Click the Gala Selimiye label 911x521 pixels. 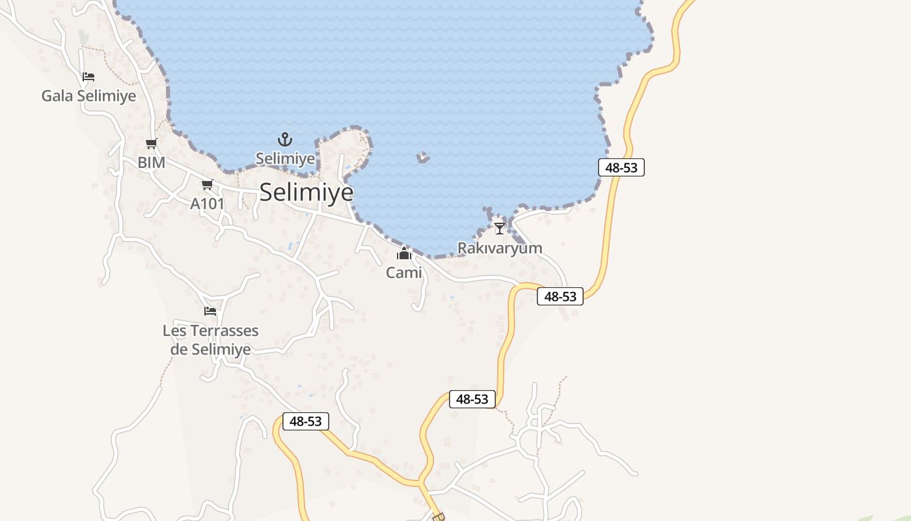(x=88, y=96)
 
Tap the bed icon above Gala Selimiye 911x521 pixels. (x=88, y=77)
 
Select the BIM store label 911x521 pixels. (x=151, y=162)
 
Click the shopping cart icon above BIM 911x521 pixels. (x=152, y=144)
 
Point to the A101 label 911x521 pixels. (x=207, y=204)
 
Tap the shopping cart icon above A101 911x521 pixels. (x=207, y=185)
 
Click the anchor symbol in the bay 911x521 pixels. (x=285, y=139)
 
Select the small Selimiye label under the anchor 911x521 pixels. (x=285, y=158)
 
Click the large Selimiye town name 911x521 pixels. (x=306, y=192)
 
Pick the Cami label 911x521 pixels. (x=404, y=273)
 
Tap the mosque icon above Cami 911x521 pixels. (x=404, y=253)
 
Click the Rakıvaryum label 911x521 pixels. (x=500, y=248)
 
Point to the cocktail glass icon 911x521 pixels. (x=499, y=229)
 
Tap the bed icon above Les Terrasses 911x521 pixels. (x=210, y=311)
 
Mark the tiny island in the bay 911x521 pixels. (x=423, y=157)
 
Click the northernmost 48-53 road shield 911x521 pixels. (x=621, y=167)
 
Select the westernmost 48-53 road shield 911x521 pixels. (x=306, y=421)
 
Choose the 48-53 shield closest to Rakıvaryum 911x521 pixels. (x=560, y=296)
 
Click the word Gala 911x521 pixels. (x=57, y=96)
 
